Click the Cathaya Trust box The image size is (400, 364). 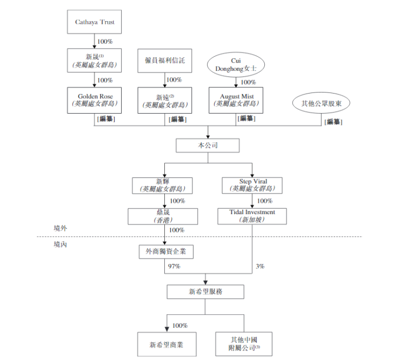point(95,23)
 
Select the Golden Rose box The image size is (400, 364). point(95,100)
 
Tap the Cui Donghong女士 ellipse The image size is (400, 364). point(235,65)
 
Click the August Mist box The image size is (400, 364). point(235,100)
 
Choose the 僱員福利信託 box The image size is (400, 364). point(165,61)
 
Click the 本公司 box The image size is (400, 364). point(208,145)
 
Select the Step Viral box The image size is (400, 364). point(252,185)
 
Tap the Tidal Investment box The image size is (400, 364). point(252,216)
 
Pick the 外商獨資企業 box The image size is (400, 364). point(165,252)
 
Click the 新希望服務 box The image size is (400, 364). point(205,292)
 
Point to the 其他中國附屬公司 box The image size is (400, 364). point(243,343)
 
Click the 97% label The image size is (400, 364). point(174,267)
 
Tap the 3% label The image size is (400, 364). point(260,267)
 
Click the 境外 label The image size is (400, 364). point(60,229)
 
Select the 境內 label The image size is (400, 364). point(60,244)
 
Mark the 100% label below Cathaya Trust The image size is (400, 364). point(104,41)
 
